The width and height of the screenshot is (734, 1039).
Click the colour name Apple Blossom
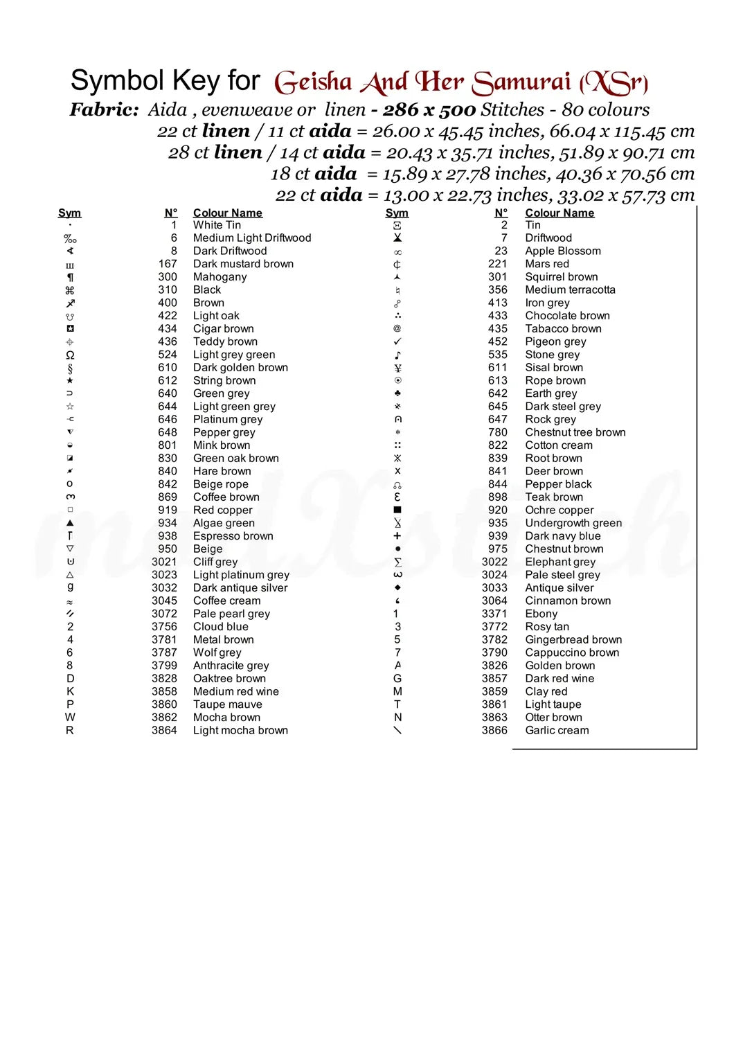562,251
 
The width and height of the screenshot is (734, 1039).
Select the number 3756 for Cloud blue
164,627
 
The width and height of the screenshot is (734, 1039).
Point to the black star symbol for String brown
70,380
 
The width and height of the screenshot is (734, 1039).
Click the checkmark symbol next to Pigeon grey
397,341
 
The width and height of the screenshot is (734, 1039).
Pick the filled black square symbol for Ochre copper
397,510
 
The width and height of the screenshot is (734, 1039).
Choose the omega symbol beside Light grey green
70,355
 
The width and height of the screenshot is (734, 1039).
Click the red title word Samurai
521,82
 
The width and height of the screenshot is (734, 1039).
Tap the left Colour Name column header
227,213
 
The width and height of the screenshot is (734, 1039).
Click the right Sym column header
397,213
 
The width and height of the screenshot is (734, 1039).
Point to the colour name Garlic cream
557,730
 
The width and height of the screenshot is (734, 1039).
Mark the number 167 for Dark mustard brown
168,264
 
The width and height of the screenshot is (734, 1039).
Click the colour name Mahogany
220,277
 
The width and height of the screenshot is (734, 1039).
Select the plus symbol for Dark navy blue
397,536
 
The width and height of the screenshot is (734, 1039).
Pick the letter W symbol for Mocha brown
70,718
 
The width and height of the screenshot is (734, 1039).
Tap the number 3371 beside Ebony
494,614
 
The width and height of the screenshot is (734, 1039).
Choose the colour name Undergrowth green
573,523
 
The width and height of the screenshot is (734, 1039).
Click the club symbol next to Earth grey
397,393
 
